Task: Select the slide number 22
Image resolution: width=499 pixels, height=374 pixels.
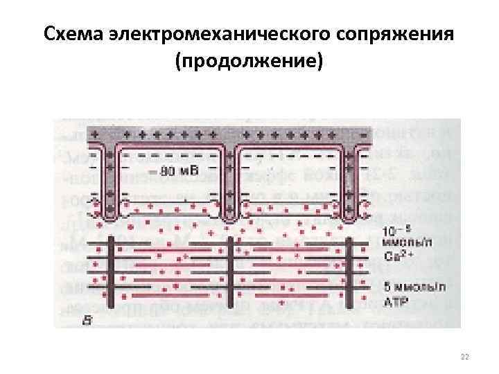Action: tap(464, 357)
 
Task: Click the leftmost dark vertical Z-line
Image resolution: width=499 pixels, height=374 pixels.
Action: tap(108, 270)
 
